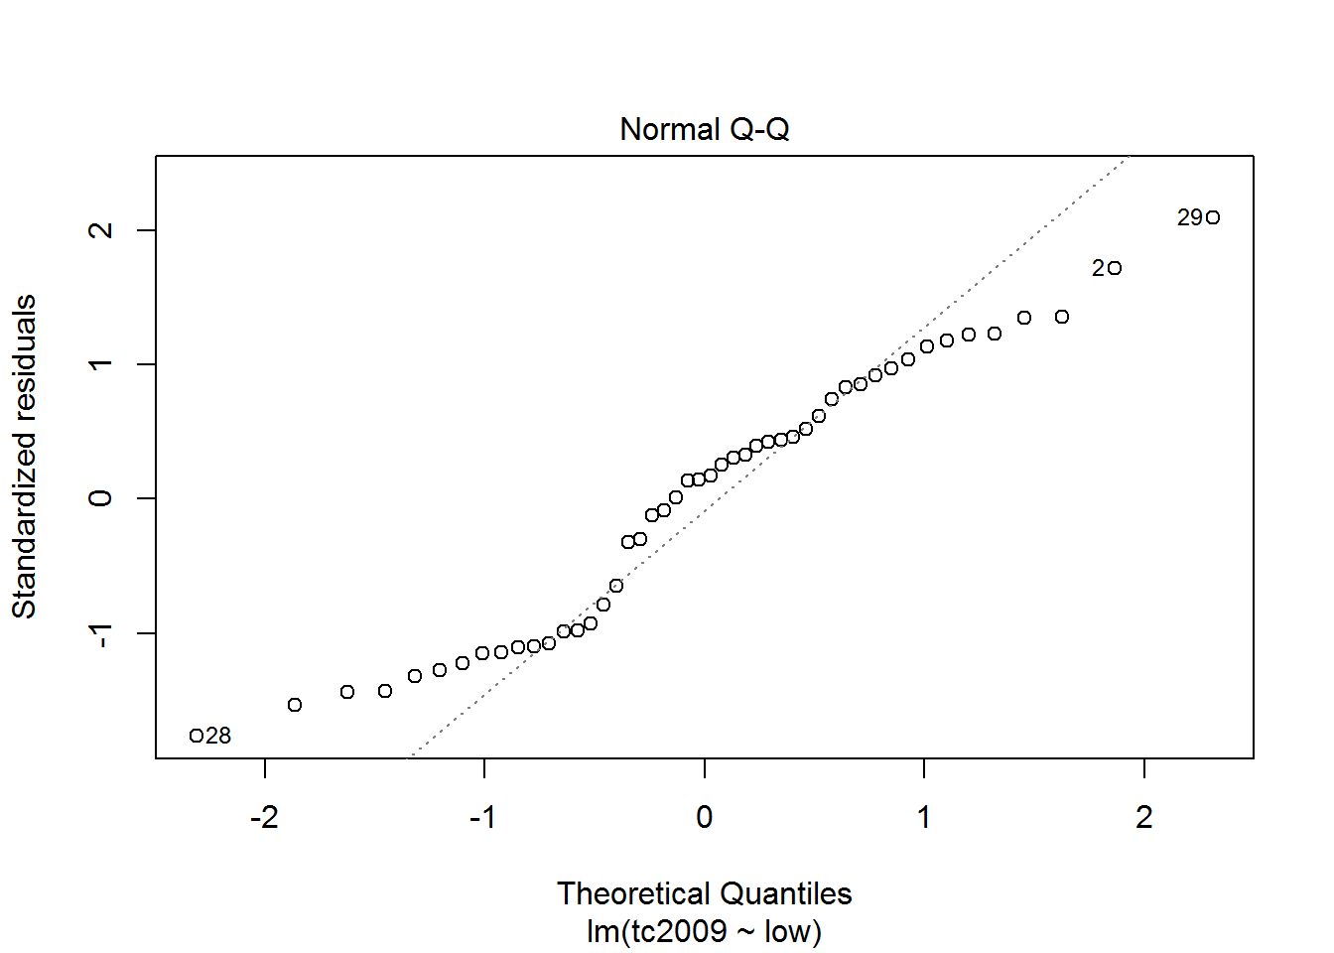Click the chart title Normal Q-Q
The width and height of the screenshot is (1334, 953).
[x=704, y=130]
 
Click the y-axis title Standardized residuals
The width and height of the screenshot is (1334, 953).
[x=24, y=457]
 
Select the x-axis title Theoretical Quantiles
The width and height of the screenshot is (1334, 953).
[x=704, y=893]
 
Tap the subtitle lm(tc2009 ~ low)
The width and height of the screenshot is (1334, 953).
[x=704, y=931]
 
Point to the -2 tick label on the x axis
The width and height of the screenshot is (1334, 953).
[x=264, y=817]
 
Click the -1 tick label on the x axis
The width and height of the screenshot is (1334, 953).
[x=483, y=817]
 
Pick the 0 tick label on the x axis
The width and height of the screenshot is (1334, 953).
[x=704, y=817]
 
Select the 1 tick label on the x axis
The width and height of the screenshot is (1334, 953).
[x=924, y=817]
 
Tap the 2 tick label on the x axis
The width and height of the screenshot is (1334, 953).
[x=1144, y=817]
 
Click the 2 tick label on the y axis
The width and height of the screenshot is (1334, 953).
[x=100, y=230]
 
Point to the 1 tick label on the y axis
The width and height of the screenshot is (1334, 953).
[x=100, y=364]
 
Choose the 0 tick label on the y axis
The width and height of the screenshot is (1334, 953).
[x=100, y=498]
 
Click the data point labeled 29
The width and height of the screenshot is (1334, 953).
[x=1213, y=217]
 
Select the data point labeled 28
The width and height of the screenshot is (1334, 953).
[x=197, y=736]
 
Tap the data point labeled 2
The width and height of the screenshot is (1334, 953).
[x=1115, y=268]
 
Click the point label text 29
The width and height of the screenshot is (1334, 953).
[x=1190, y=217]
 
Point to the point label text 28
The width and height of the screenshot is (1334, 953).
[x=219, y=736]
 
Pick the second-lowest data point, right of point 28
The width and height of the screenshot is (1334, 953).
[x=295, y=705]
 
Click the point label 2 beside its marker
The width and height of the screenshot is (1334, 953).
[x=1098, y=268]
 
